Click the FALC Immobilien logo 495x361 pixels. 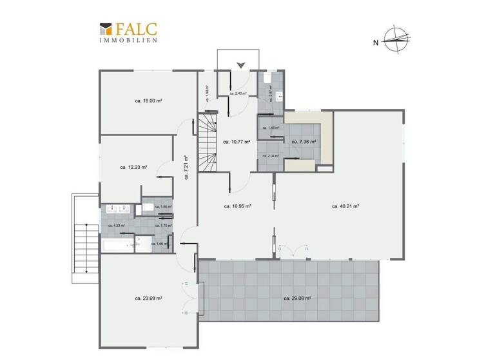click(x=129, y=32)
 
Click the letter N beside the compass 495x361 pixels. click(x=375, y=43)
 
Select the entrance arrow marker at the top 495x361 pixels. click(x=240, y=64)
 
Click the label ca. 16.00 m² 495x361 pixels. click(x=148, y=101)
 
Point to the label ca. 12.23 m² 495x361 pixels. click(x=133, y=167)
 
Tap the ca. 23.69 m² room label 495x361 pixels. click(x=148, y=298)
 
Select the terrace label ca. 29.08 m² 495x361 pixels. click(x=297, y=298)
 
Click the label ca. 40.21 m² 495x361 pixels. click(x=345, y=206)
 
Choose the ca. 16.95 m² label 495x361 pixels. click(x=237, y=206)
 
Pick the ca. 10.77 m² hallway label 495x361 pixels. click(x=236, y=141)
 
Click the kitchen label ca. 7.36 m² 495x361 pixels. click(x=304, y=141)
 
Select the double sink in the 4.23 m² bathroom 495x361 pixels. click(x=117, y=210)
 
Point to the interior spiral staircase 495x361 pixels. click(x=207, y=143)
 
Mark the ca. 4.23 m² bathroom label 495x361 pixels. click(x=119, y=226)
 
